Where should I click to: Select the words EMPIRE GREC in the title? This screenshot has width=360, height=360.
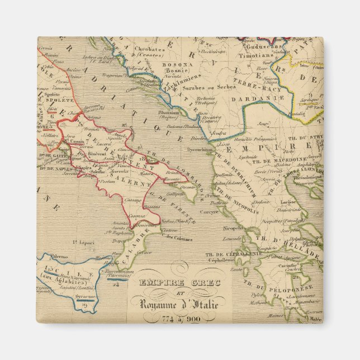pos(172,283)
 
